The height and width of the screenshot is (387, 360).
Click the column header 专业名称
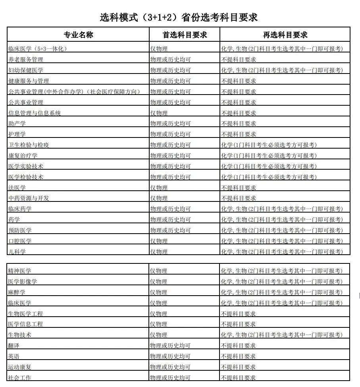pyautogui.click(x=78, y=35)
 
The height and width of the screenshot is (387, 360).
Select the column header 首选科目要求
pyautogui.click(x=185, y=35)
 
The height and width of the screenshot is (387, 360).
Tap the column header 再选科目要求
pyautogui.click(x=285, y=35)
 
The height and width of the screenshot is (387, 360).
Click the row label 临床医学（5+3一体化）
pyautogui.click(x=38, y=49)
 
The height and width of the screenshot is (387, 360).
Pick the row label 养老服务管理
pyautogui.click(x=26, y=60)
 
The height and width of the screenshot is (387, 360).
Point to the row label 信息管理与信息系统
pyautogui.click(x=35, y=113)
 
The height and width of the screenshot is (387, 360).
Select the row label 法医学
pyautogui.click(x=17, y=188)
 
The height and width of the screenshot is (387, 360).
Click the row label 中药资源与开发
pyautogui.click(x=29, y=198)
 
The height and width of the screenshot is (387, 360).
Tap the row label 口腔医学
pyautogui.click(x=20, y=241)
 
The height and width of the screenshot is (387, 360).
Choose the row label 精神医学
pyautogui.click(x=20, y=271)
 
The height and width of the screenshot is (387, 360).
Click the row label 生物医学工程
pyautogui.click(x=26, y=313)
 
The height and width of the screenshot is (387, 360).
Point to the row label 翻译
pyautogui.click(x=14, y=345)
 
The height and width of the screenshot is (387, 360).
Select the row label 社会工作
pyautogui.click(x=20, y=377)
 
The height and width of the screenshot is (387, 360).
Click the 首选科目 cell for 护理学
pyautogui.click(x=170, y=134)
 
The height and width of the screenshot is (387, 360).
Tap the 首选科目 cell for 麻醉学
pyautogui.click(x=159, y=292)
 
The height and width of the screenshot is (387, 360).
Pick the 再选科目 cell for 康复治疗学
pyautogui.click(x=269, y=155)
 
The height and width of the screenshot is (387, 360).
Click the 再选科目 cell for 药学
pyautogui.click(x=281, y=219)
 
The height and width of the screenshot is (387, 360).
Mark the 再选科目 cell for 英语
pyautogui.click(x=238, y=356)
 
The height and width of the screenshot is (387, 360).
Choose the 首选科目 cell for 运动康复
pyautogui.click(x=170, y=367)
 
